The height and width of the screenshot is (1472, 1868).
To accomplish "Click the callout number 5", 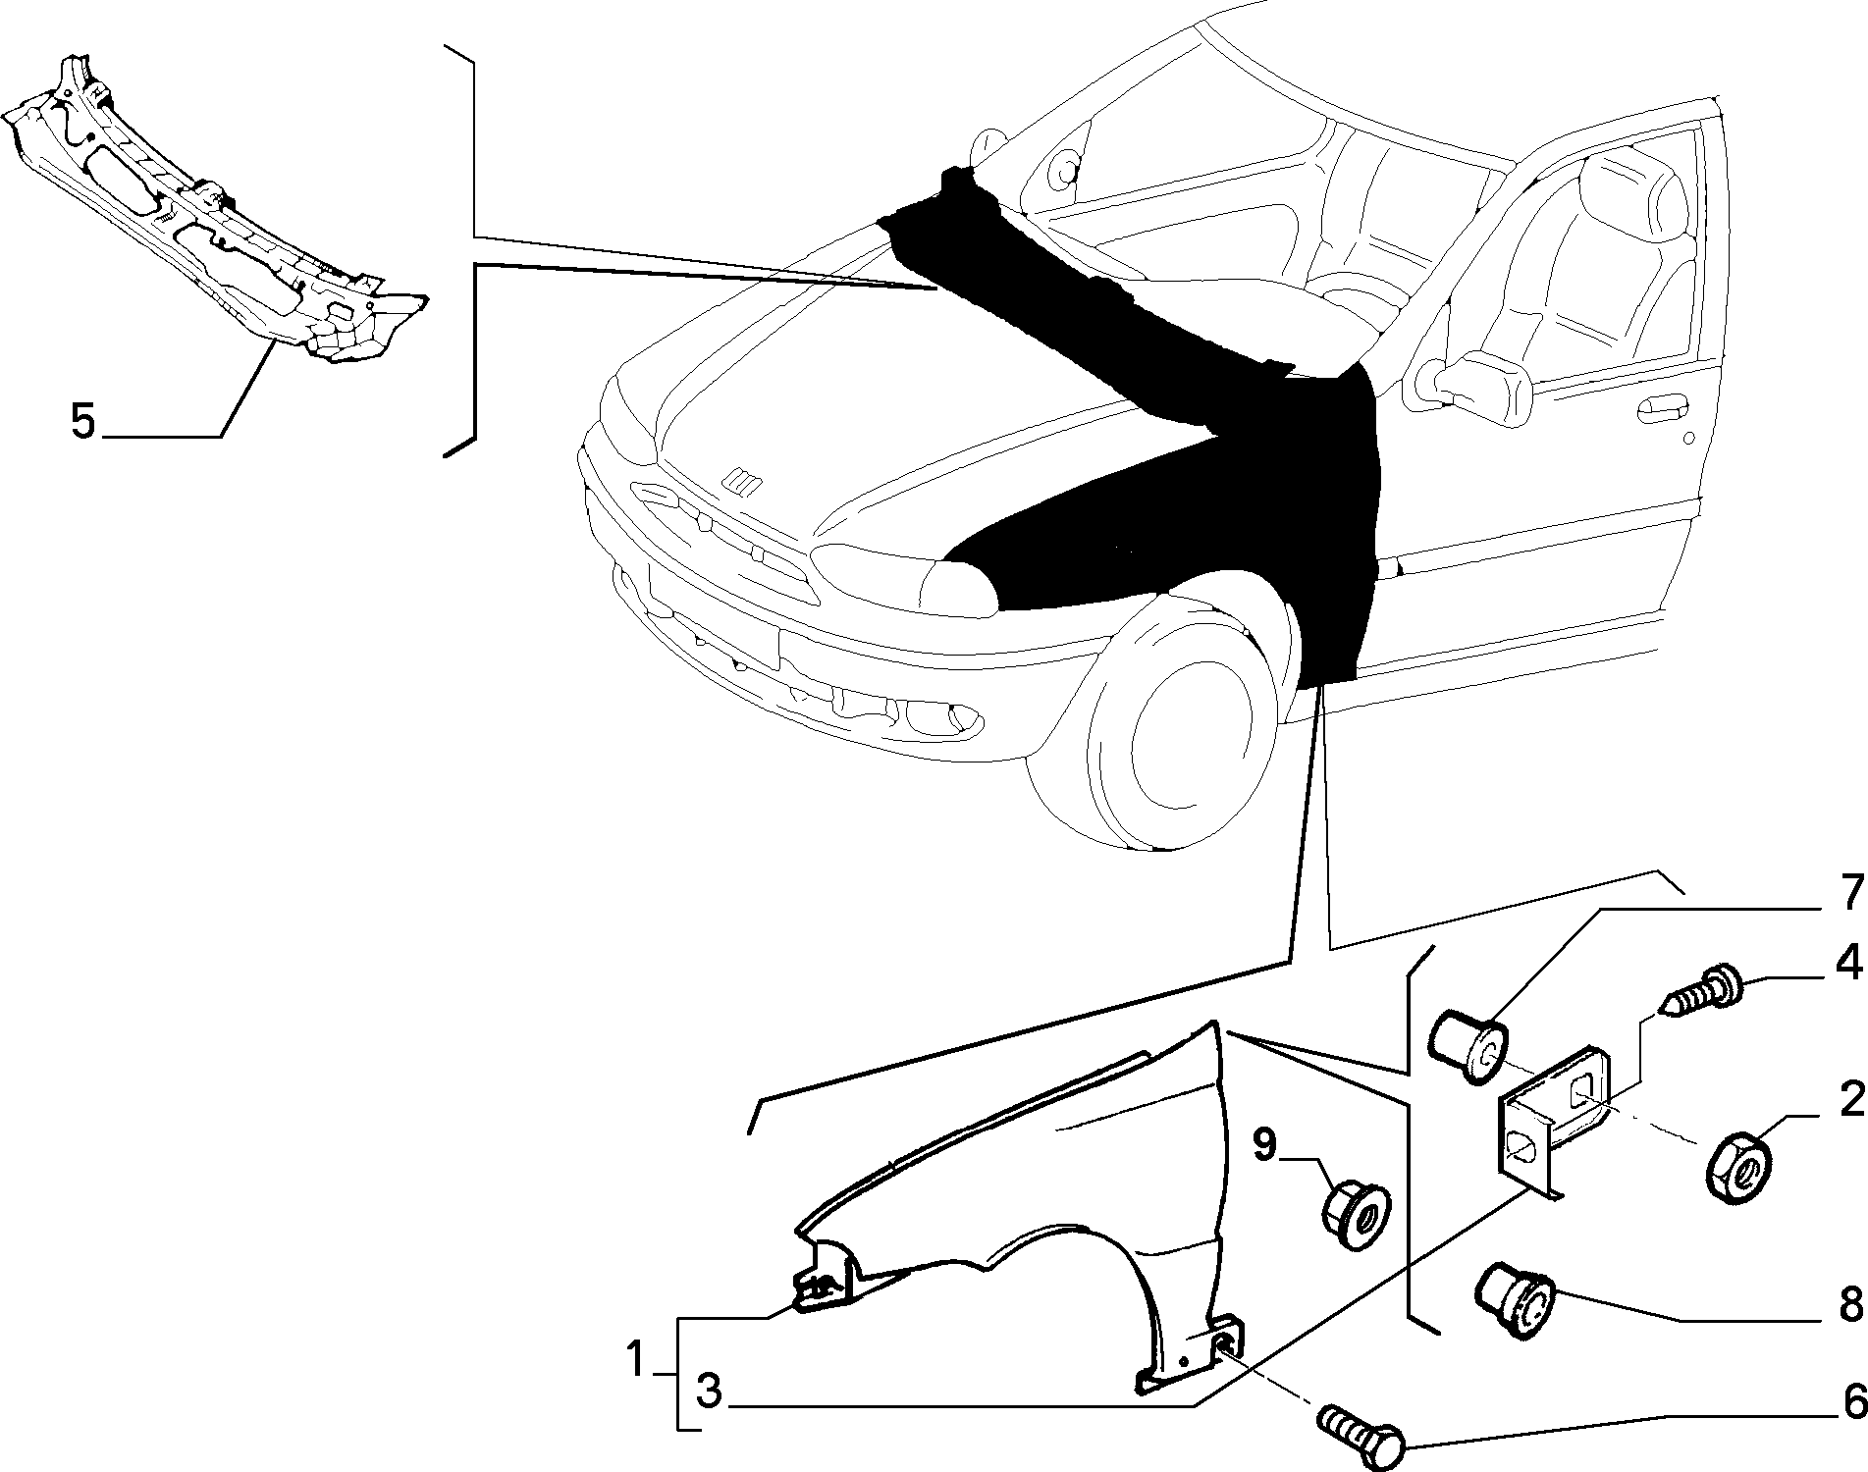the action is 82,421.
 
